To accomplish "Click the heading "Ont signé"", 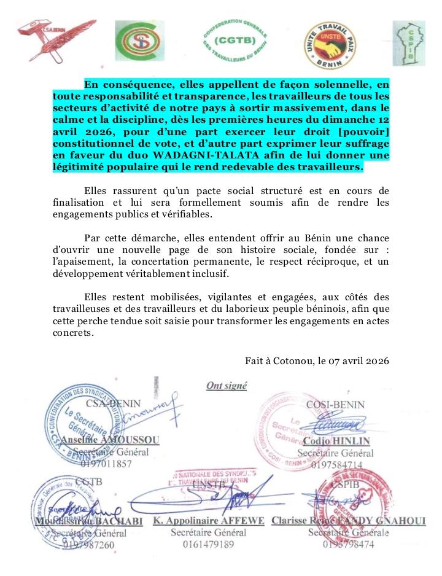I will [227, 386].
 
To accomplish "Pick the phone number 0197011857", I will [106, 465].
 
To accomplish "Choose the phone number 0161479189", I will [208, 545].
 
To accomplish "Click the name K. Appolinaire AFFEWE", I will [208, 521].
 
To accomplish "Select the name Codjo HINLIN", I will [336, 442].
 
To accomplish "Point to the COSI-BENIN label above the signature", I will [335, 404].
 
